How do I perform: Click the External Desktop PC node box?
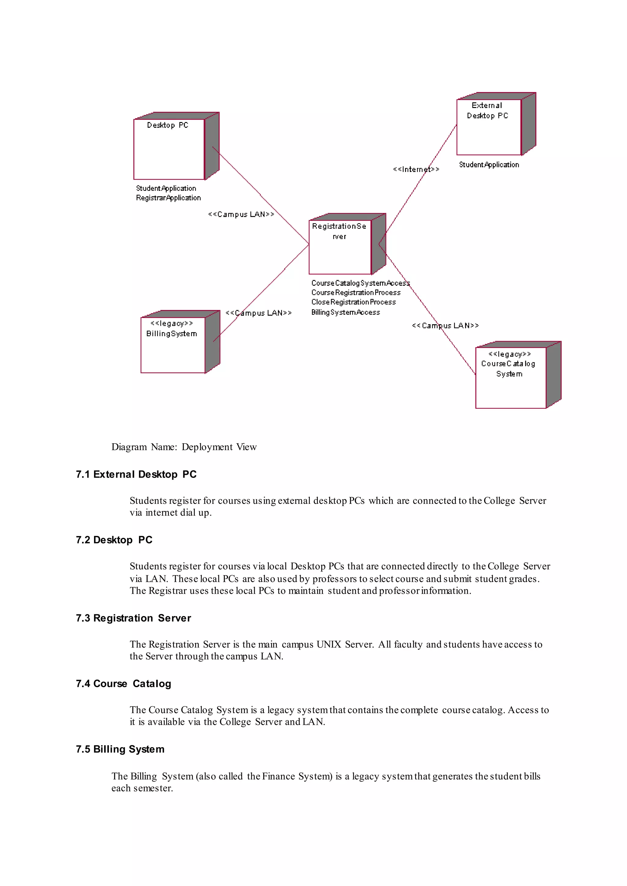coord(489,127)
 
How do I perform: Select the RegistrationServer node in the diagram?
coord(340,247)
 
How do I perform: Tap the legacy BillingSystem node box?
coord(173,345)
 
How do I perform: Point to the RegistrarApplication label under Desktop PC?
coord(168,198)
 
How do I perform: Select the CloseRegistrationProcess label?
coord(353,302)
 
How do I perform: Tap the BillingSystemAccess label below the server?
coord(346,312)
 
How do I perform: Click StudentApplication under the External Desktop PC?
coord(489,165)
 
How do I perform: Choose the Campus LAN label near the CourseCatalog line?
coord(445,326)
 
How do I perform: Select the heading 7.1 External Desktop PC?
coord(136,474)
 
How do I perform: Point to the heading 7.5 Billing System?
coord(120,749)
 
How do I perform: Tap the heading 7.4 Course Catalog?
coord(123,684)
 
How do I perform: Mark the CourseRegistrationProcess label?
coord(355,292)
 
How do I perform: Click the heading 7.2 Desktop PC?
coord(114,540)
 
